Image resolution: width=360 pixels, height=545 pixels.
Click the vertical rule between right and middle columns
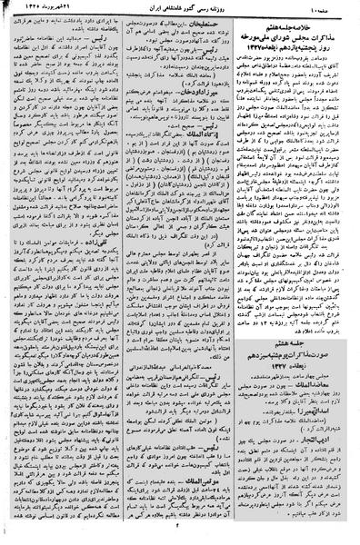[243, 272]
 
